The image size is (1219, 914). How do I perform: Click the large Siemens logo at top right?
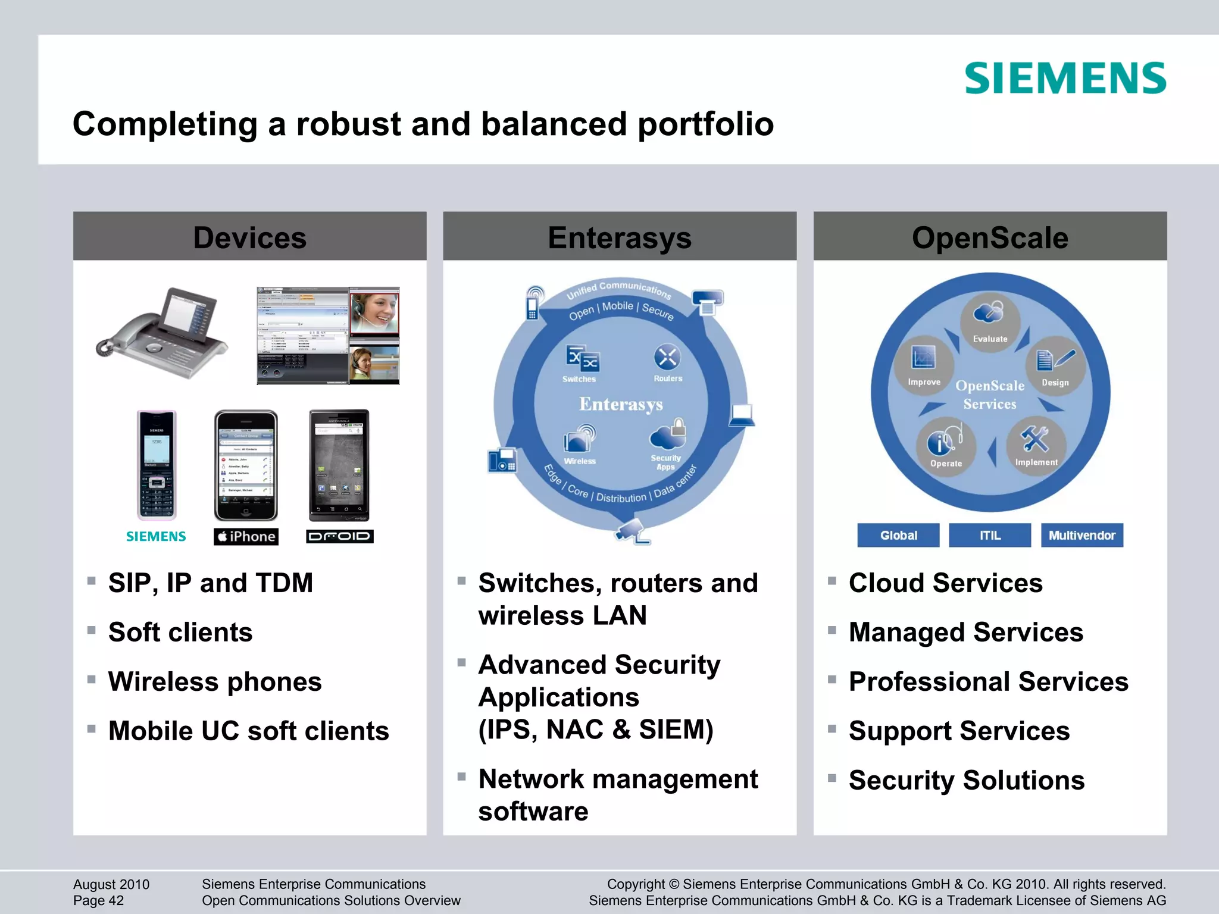click(x=1065, y=79)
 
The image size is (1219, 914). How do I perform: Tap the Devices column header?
click(x=249, y=237)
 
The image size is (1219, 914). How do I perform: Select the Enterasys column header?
click(x=620, y=237)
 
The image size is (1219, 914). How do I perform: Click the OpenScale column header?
click(x=990, y=237)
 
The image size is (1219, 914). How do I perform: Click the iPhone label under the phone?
click(x=246, y=536)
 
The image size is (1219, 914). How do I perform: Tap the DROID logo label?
click(x=339, y=536)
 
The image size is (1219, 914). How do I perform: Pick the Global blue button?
click(x=898, y=535)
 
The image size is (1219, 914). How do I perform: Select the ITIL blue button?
click(x=990, y=535)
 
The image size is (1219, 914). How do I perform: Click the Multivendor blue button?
click(x=1082, y=535)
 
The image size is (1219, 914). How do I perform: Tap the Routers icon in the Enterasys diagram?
click(x=667, y=358)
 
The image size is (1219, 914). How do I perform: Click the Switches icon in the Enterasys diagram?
click(x=582, y=359)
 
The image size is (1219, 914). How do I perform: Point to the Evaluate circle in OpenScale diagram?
click(x=990, y=322)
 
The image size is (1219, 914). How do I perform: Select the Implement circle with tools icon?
click(x=1036, y=445)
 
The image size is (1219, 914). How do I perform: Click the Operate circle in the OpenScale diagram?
click(x=945, y=446)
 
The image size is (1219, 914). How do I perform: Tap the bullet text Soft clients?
click(x=180, y=632)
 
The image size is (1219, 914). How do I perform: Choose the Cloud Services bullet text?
click(x=945, y=583)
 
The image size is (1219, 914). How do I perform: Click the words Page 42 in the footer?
click(x=98, y=901)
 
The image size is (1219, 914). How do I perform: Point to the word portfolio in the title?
click(x=705, y=124)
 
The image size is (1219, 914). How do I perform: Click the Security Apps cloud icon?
click(x=667, y=436)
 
